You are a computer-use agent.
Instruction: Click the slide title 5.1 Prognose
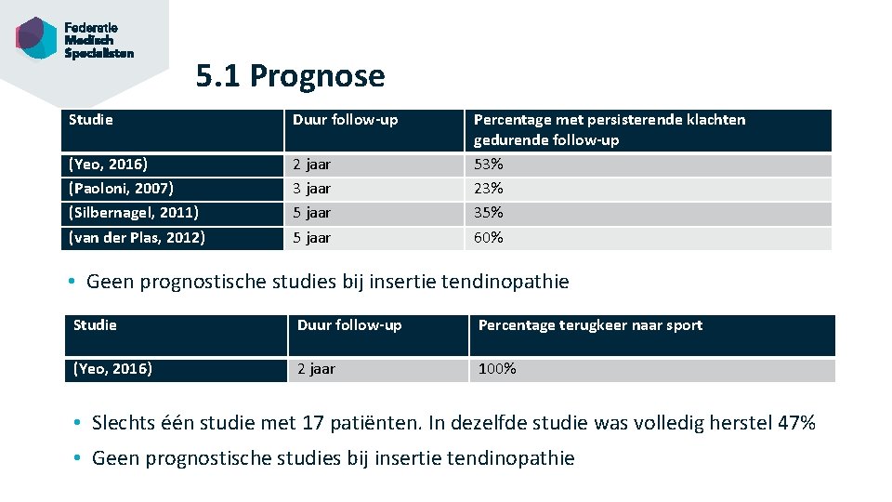[290, 75]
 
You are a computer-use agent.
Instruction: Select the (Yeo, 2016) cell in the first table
[108, 165]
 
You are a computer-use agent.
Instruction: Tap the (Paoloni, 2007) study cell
[121, 189]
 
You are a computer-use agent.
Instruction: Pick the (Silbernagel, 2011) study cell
[134, 213]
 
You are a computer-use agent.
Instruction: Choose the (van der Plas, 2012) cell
[138, 238]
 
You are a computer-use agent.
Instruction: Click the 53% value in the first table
[489, 165]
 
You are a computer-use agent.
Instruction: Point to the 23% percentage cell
[489, 189]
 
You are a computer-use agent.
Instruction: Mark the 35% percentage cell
[489, 213]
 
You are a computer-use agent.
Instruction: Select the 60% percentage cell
[489, 238]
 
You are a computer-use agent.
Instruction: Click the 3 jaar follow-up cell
[312, 189]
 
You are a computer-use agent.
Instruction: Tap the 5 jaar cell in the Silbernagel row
[312, 213]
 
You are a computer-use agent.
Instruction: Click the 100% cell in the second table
[497, 369]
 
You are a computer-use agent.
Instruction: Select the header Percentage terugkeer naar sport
[590, 325]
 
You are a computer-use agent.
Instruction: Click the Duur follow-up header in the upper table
[345, 120]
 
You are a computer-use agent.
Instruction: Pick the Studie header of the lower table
[95, 325]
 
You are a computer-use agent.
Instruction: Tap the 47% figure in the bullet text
[796, 424]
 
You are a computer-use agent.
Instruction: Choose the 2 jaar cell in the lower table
[316, 369]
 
